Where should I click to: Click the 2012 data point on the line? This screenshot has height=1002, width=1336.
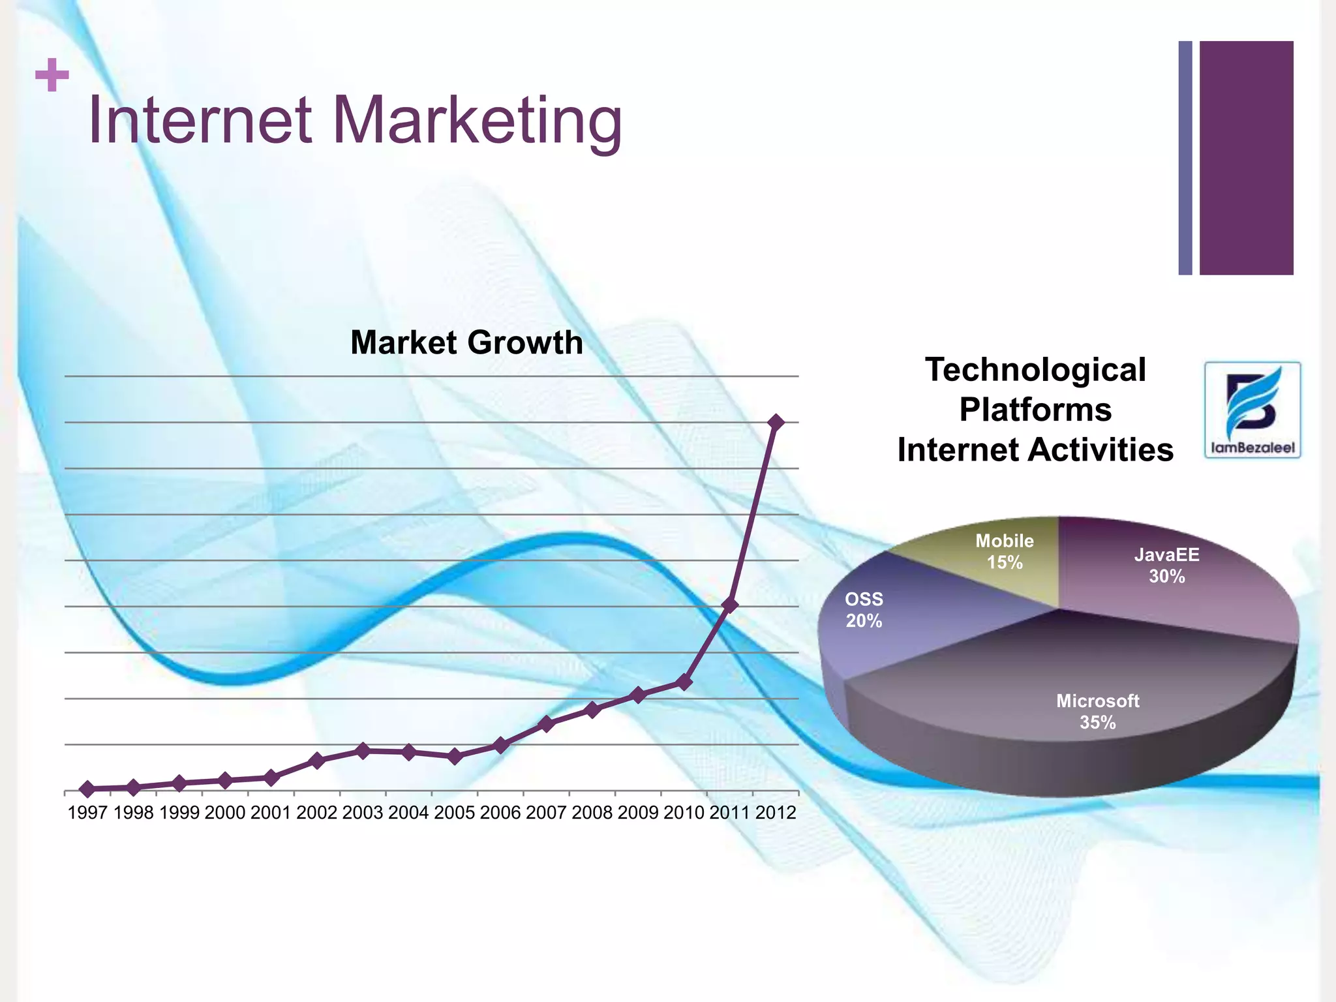[776, 422]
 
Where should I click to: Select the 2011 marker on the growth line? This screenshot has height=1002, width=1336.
[731, 605]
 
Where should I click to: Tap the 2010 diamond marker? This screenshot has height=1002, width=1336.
[684, 682]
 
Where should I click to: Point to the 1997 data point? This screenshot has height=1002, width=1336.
[88, 789]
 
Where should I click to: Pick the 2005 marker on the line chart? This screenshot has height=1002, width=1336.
[455, 757]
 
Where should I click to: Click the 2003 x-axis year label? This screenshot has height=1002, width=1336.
[363, 813]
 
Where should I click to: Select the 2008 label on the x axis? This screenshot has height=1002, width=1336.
[592, 813]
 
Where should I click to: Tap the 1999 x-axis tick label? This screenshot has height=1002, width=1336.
[179, 813]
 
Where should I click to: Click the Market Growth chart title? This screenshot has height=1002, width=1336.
[466, 342]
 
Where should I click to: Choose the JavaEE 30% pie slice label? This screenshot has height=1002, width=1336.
[1166, 565]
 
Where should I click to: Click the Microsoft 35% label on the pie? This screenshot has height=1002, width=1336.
[1097, 711]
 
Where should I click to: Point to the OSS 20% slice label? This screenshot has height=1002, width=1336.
[864, 609]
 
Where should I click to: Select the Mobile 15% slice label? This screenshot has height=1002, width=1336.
[1005, 551]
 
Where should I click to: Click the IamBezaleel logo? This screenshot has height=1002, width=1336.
[1252, 410]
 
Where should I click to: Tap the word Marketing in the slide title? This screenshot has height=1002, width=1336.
[478, 121]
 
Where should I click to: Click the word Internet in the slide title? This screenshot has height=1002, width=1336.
[200, 121]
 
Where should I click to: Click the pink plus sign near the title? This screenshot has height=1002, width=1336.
[52, 76]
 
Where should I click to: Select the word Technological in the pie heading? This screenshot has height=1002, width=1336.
[1035, 370]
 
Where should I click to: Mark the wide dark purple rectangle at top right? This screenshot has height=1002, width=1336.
[1246, 158]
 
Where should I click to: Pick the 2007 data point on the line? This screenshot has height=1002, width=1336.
[547, 723]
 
